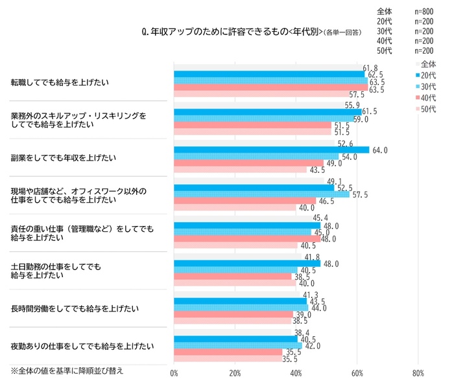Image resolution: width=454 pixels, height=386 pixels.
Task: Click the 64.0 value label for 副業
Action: click(381, 150)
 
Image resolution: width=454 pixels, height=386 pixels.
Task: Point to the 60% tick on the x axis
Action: click(357, 374)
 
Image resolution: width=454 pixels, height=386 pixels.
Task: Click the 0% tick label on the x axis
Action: click(174, 374)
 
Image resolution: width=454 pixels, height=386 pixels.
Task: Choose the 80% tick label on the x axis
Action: click(418, 374)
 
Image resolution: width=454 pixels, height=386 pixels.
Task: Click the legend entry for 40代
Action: click(427, 98)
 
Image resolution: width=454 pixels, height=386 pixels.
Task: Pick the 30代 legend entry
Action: click(427, 87)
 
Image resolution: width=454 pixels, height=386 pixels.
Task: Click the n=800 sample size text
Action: click(424, 12)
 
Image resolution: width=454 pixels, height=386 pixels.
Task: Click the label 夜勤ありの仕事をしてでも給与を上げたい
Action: click(82, 346)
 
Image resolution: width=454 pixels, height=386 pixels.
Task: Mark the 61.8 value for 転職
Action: click(370, 68)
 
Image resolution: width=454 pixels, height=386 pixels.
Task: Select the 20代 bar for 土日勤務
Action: click(247, 264)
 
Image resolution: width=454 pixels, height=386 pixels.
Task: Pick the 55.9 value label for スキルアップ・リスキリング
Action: click(352, 105)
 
